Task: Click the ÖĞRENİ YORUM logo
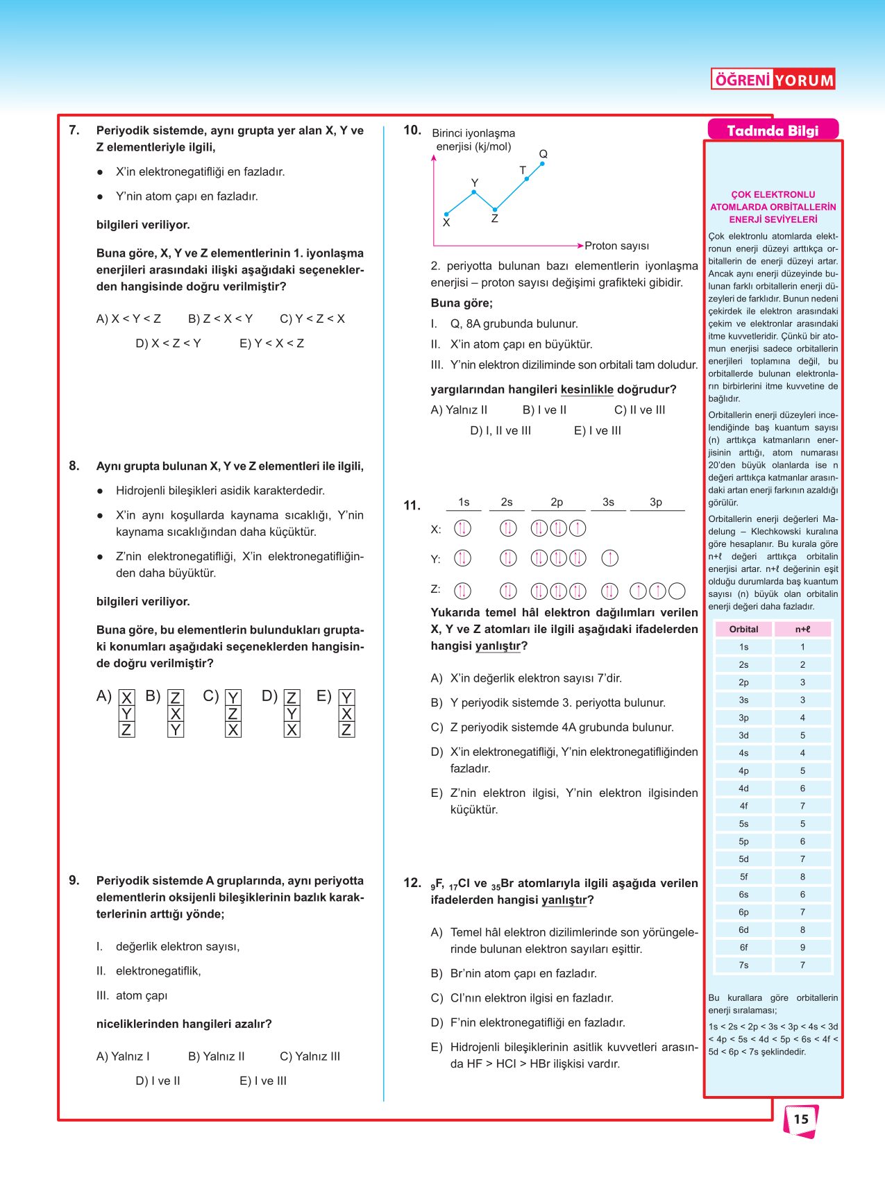click(773, 79)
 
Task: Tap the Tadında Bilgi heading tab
click(773, 130)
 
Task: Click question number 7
click(74, 130)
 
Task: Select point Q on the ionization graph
click(542, 163)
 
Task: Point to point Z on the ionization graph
click(495, 209)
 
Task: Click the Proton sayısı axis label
click(616, 246)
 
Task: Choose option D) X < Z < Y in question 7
click(168, 344)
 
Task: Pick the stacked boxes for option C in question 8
click(233, 713)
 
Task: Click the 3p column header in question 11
click(656, 502)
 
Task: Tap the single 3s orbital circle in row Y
click(609, 558)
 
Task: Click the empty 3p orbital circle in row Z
click(677, 591)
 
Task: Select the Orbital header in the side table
click(743, 630)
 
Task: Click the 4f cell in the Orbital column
click(743, 806)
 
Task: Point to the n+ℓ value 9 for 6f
click(802, 947)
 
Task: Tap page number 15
click(801, 1119)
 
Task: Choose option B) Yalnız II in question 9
click(216, 1056)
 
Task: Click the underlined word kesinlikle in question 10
click(587, 389)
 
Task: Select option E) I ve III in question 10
click(597, 431)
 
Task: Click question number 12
click(412, 883)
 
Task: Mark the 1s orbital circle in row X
click(462, 528)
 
